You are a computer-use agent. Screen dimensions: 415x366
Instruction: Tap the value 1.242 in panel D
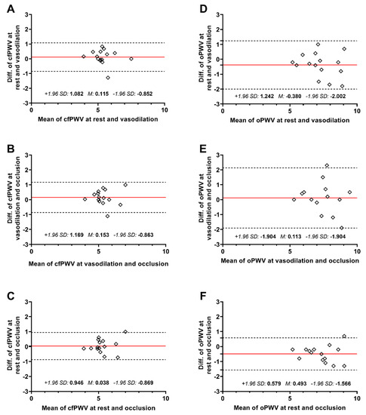click(x=266, y=97)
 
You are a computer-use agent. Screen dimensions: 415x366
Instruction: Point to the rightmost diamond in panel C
click(x=125, y=331)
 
